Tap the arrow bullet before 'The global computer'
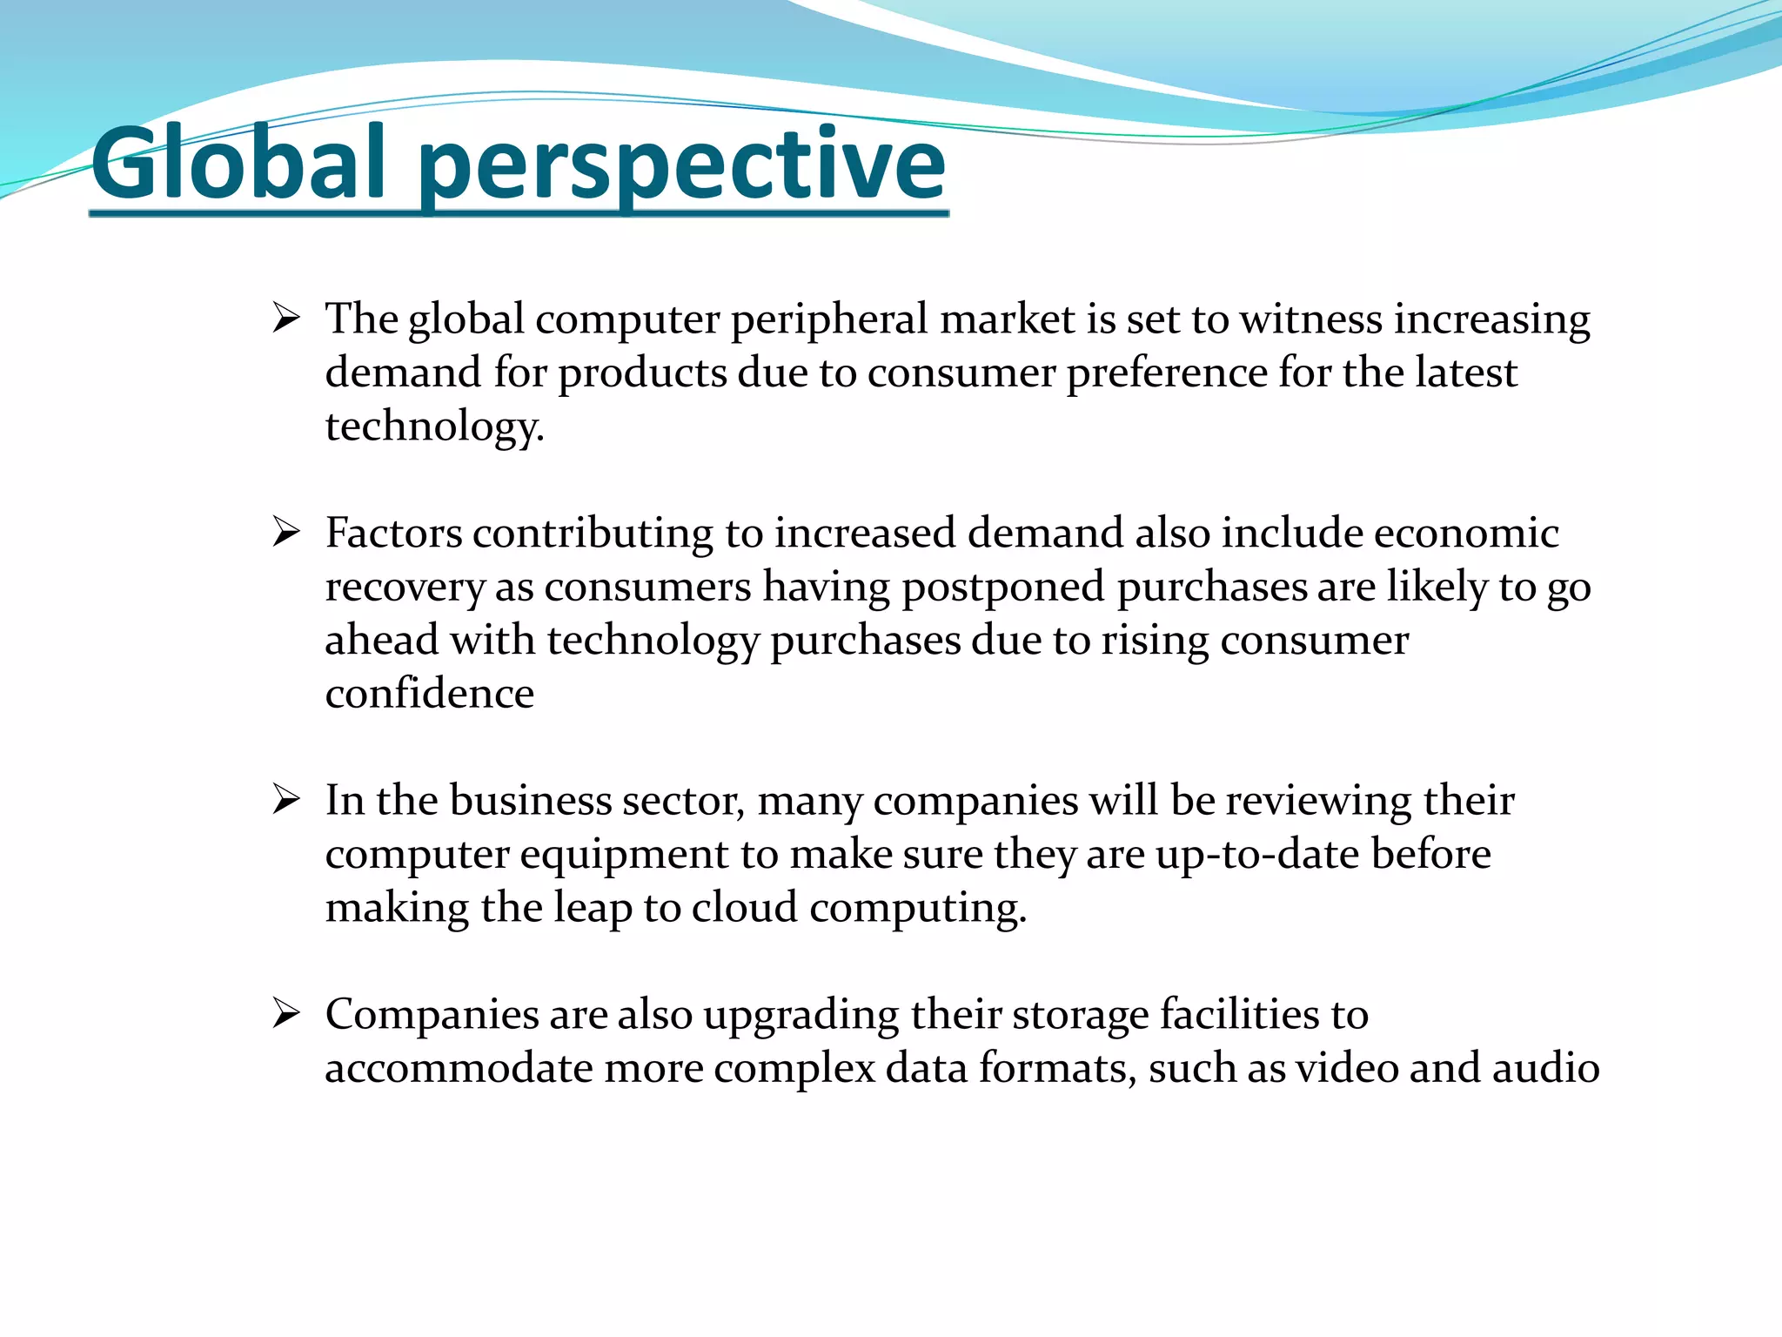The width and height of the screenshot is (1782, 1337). tap(285, 319)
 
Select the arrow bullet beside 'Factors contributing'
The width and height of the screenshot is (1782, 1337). tap(285, 532)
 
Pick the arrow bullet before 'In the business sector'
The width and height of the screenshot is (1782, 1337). tap(285, 799)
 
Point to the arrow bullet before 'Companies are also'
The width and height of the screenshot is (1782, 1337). tap(285, 1013)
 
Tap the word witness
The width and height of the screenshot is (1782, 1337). tap(1310, 319)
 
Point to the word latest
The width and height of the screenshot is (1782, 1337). tap(1465, 373)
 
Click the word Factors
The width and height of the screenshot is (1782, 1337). tap(393, 533)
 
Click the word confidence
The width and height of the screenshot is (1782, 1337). tap(429, 694)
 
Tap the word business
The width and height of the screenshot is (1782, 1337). tap(530, 800)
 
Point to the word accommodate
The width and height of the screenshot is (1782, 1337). tap(459, 1068)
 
